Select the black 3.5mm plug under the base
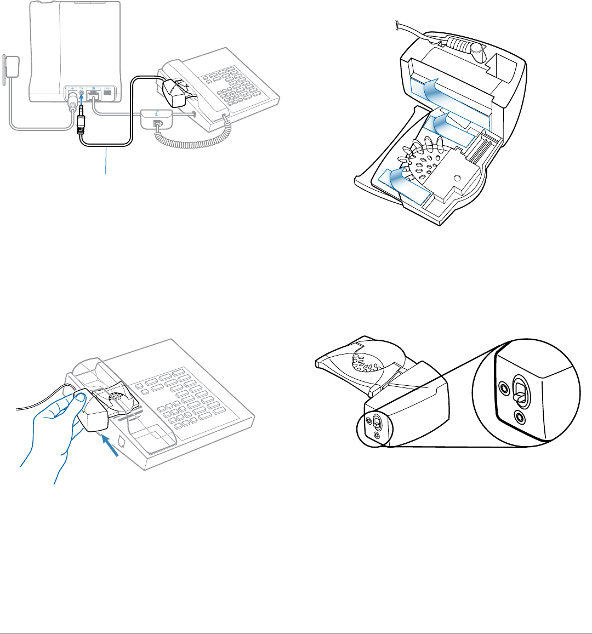point(81,124)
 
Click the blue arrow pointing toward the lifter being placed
point(111,443)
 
